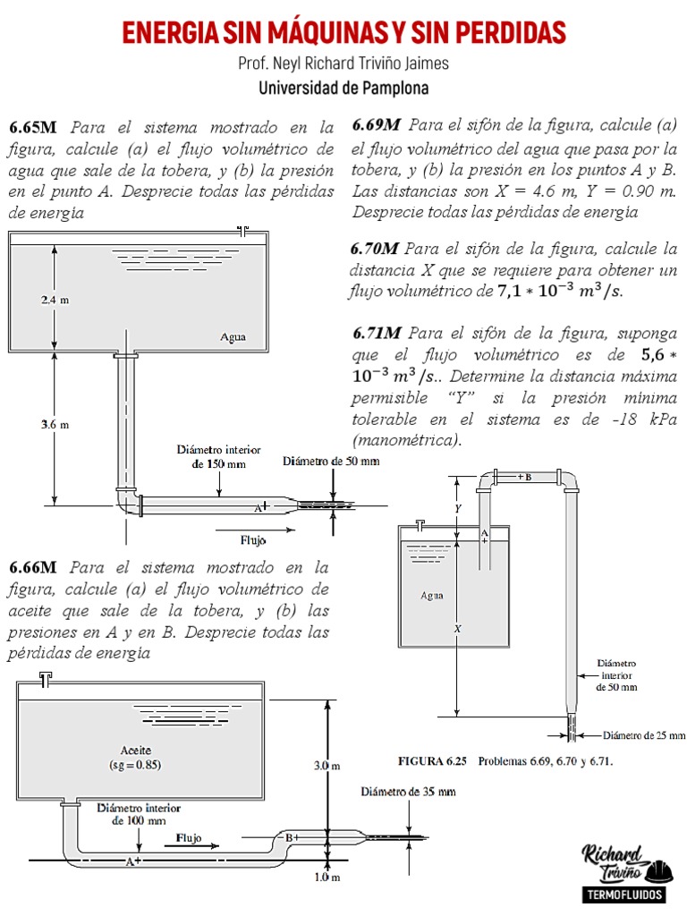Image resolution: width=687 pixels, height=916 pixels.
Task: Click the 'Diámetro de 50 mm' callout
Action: coord(331,462)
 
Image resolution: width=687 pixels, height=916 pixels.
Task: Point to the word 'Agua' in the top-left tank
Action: coord(233,337)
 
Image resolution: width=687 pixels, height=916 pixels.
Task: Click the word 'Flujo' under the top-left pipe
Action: coord(253,539)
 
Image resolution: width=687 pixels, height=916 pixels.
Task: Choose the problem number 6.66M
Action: coord(33,568)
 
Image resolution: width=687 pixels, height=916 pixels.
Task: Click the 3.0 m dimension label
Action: coord(327,766)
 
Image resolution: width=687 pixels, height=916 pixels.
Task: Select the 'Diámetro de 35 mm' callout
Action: coord(408,792)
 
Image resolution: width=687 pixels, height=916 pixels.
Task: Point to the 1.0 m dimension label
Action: coord(327,878)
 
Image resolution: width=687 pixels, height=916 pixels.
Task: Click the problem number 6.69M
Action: coord(377,124)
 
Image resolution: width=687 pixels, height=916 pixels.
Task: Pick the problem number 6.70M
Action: coord(376,248)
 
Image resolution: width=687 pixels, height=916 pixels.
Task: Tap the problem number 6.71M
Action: coord(377,333)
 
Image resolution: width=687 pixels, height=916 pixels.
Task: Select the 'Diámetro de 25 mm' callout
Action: coord(644,735)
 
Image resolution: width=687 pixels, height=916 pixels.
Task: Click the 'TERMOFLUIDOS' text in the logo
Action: coord(623,895)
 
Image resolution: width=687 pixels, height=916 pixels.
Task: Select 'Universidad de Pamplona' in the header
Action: coord(343,89)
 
